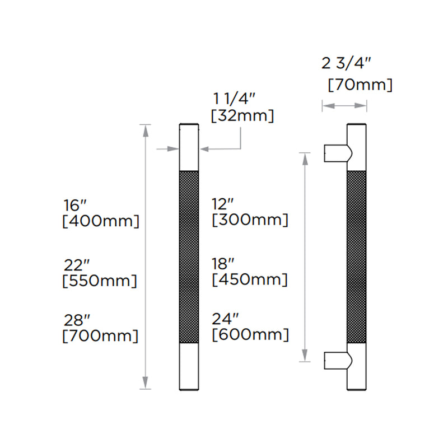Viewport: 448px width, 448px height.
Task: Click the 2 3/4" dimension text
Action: (x=347, y=64)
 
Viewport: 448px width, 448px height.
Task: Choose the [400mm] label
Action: (x=100, y=221)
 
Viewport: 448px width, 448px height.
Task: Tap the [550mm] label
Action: (x=100, y=280)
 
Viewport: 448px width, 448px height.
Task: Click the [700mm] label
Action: (x=100, y=336)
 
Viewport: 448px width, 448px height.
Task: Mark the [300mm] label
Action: (x=250, y=220)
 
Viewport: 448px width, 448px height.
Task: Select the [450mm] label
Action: (x=250, y=279)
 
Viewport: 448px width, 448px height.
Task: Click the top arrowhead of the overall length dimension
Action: (x=146, y=129)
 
